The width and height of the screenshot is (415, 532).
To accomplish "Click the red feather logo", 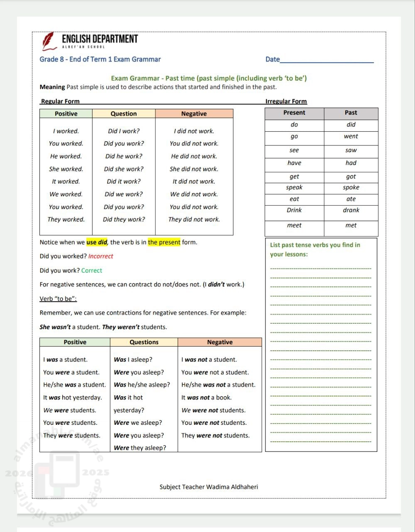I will pos(48,40).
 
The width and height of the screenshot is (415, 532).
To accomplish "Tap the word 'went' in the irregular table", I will pos(351,136).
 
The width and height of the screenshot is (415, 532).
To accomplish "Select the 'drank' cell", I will pos(351,210).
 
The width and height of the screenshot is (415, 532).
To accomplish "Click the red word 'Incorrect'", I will pos(101,256).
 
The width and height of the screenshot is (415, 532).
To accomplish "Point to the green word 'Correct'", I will pos(91,271).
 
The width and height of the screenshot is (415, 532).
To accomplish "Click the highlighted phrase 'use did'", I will pos(97,242).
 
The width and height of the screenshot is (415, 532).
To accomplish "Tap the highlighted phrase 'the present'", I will pos(164,242).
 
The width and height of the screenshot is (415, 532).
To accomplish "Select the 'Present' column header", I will pos(294,113).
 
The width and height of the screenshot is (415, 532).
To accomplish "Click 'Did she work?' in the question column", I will pos(123,169).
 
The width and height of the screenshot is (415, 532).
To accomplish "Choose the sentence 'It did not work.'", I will pos(194,182).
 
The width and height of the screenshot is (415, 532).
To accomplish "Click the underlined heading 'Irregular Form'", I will pos(286,101).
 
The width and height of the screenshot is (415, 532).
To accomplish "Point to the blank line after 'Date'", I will pos(327,60).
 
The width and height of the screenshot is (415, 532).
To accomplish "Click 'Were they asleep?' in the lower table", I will pos(140,448).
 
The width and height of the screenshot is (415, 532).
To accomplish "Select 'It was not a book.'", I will pos(206,398).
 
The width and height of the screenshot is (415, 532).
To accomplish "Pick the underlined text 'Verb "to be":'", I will pos(58,299).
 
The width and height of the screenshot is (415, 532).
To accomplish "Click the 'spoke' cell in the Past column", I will pos(351,187).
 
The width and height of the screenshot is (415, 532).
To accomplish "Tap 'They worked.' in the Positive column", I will pos(66,219).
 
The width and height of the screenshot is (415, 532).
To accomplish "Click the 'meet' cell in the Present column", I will pos(294,225).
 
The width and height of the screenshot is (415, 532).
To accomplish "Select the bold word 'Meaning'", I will pos(52,87).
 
